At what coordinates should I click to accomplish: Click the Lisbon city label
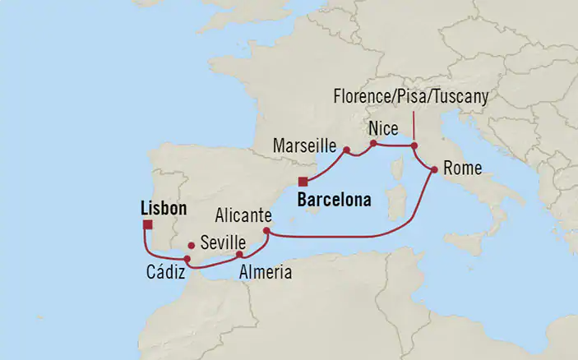(x=164, y=209)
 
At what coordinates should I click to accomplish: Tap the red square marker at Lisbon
(x=146, y=224)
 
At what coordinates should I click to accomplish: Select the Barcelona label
(x=335, y=199)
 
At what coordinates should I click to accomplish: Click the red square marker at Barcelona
(x=303, y=182)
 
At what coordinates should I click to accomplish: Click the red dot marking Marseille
(x=347, y=150)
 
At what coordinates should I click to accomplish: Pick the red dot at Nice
(x=372, y=144)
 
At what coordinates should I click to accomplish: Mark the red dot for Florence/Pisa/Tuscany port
(x=414, y=147)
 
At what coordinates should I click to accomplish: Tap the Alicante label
(x=242, y=215)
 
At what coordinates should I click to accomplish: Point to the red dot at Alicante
(x=266, y=232)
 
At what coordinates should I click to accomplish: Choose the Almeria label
(x=265, y=272)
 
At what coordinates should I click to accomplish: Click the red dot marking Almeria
(x=239, y=255)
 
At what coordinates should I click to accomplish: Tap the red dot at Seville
(x=192, y=245)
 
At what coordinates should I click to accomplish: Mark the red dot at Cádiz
(x=187, y=260)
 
